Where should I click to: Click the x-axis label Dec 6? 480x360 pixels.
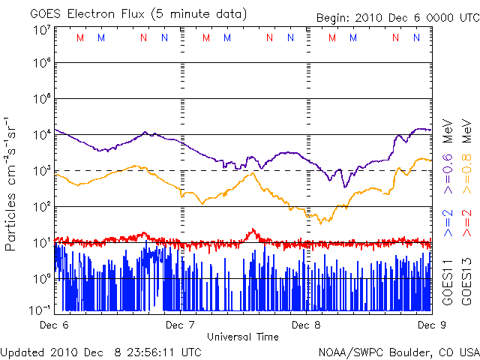54,325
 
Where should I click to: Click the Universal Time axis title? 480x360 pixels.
243,337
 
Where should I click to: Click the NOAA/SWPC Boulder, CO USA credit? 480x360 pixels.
398,351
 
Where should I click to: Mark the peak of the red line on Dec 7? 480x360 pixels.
253,230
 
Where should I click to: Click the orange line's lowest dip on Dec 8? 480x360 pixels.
320,223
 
